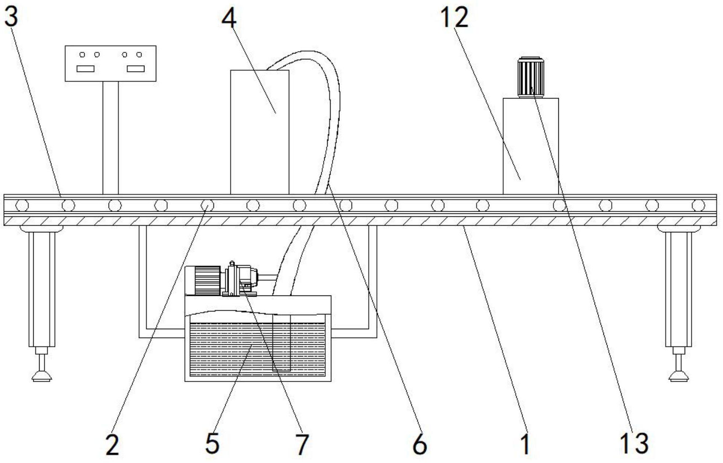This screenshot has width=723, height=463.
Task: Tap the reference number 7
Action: point(302,444)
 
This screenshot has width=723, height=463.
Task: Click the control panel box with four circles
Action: point(111,64)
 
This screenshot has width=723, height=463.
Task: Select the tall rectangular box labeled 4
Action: point(260,132)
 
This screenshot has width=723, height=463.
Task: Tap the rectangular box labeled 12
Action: point(531,146)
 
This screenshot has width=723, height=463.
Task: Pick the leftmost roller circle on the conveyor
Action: point(21,206)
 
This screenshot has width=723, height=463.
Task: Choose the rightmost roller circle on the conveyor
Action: point(698,206)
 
